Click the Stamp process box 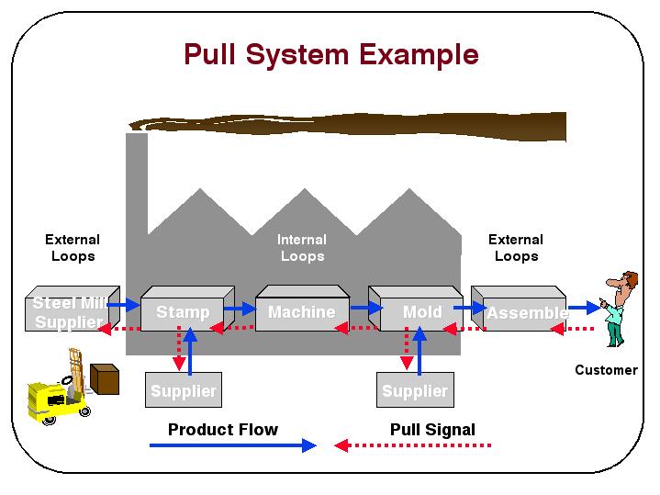click(x=183, y=313)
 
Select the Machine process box click(x=300, y=312)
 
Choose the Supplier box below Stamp click(x=183, y=391)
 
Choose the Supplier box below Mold click(x=415, y=391)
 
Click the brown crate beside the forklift click(x=105, y=378)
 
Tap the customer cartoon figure click(x=618, y=308)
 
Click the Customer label click(x=606, y=370)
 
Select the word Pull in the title click(x=213, y=54)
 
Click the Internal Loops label click(x=302, y=248)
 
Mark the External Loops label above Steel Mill click(x=73, y=248)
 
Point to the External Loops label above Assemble click(x=516, y=248)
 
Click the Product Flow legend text click(x=222, y=429)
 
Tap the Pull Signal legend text click(x=432, y=429)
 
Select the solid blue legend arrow click(x=232, y=446)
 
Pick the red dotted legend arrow click(x=413, y=446)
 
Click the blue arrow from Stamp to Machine click(x=240, y=308)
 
